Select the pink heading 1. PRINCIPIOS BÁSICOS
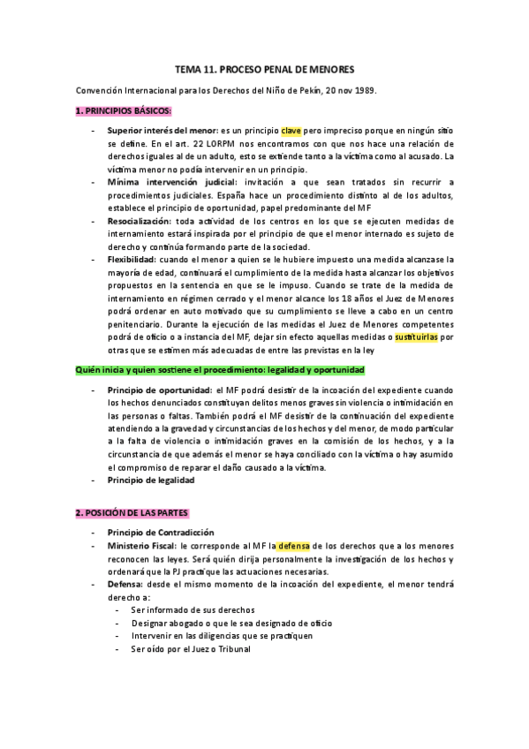click(123, 110)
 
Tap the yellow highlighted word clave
click(292, 131)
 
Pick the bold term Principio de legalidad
click(150, 480)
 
